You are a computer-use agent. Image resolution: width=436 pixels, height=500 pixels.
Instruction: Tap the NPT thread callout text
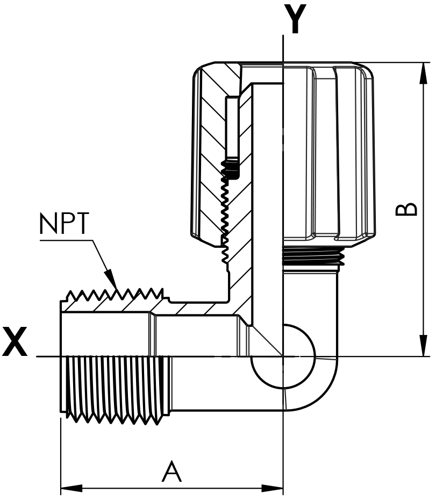(x=63, y=223)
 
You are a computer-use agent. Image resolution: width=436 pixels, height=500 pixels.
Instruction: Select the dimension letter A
(x=171, y=471)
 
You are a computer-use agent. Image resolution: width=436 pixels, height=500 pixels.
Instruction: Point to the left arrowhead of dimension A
(x=72, y=488)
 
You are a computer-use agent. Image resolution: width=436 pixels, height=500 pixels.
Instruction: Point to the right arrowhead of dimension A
(x=272, y=488)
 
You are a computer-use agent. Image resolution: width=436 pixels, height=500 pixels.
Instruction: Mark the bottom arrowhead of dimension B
(x=423, y=345)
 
